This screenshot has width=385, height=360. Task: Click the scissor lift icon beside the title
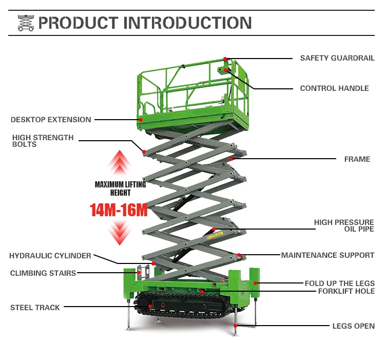click(26, 23)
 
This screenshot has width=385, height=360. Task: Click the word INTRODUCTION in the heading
click(187, 23)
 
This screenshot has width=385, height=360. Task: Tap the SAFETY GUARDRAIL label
click(337, 58)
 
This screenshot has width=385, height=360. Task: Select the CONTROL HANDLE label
click(334, 88)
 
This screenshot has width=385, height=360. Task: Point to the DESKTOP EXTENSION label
click(51, 120)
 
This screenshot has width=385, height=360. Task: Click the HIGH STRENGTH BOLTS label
click(43, 141)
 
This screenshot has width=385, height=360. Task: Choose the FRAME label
click(357, 159)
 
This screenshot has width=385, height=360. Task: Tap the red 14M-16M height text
click(119, 210)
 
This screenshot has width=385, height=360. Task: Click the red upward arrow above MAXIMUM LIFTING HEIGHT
click(120, 163)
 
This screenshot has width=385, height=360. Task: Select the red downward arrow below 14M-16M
click(120, 233)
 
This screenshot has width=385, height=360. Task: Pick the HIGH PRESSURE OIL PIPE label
click(344, 225)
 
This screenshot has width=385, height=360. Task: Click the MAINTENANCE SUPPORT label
click(328, 255)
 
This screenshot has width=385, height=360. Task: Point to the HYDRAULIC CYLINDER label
click(50, 256)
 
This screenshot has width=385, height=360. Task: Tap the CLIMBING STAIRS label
click(43, 273)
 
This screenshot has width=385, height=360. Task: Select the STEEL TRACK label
click(35, 308)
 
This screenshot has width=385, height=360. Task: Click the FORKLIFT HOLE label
click(346, 291)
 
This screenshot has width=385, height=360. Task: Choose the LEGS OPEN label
click(354, 326)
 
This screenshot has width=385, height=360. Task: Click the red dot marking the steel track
click(150, 306)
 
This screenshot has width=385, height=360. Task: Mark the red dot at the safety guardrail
click(225, 59)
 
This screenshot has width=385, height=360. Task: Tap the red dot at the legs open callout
click(235, 326)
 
